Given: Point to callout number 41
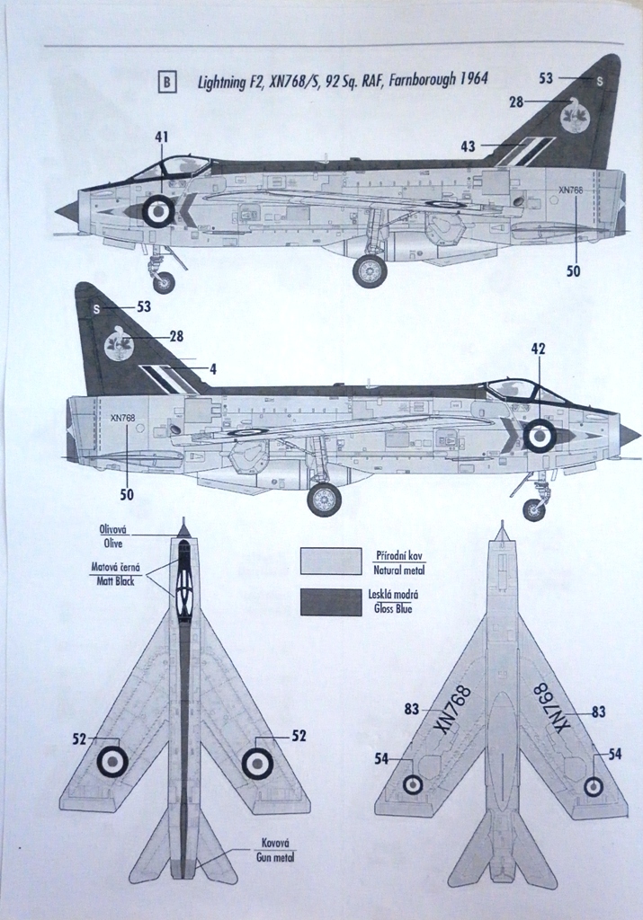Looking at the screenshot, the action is coord(162,137).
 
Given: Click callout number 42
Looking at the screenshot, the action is coord(538,349).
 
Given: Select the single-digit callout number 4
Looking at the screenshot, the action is coord(213,368).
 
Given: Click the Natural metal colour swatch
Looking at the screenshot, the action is coord(331,562).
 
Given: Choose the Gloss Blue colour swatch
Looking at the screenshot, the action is coord(331,601).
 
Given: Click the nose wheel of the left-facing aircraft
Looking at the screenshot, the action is coord(163,282).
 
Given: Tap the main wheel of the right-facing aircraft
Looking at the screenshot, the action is coord(324,500).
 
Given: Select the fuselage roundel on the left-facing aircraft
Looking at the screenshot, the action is coord(158,211).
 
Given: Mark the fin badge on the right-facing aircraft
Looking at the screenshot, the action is coord(118,343).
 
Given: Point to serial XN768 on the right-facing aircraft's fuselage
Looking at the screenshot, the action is coord(122,418).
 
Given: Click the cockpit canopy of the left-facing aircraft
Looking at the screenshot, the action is coord(171,167).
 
